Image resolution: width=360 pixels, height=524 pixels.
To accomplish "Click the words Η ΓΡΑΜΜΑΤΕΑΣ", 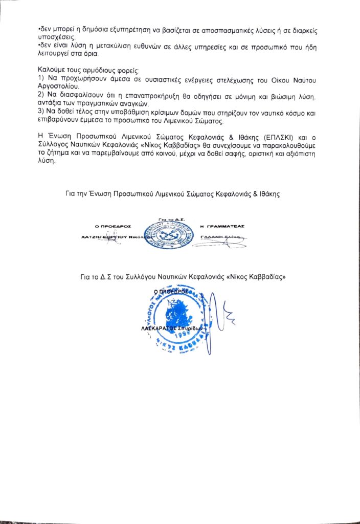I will pyautogui.click(x=222, y=225).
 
